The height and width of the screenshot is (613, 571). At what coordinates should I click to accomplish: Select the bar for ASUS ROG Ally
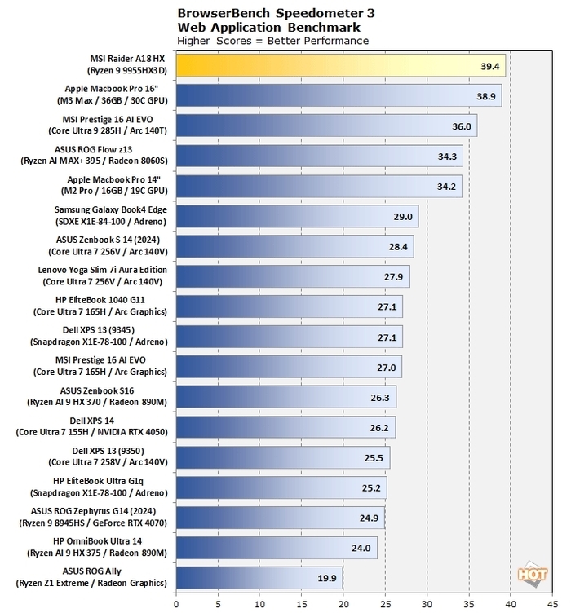tap(259, 578)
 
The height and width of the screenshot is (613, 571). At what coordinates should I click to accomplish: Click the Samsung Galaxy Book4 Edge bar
tap(297, 216)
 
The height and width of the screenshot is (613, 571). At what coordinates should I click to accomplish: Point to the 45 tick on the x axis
tap(552, 605)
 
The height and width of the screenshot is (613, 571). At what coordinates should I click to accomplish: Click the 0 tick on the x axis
tap(176, 605)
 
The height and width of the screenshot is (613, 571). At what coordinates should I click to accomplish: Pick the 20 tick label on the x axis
tap(343, 605)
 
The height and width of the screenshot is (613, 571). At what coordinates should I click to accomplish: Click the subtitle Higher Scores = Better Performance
tap(272, 41)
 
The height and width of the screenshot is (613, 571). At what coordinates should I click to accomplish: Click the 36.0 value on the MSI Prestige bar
tap(462, 126)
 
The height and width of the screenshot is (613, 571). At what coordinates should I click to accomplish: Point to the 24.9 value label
tap(370, 518)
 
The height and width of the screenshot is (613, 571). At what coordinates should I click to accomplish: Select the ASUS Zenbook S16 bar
tap(285, 397)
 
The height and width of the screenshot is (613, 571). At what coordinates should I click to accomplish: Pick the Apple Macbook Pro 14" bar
tap(319, 186)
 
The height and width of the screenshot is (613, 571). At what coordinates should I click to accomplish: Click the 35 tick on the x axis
tap(468, 605)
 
